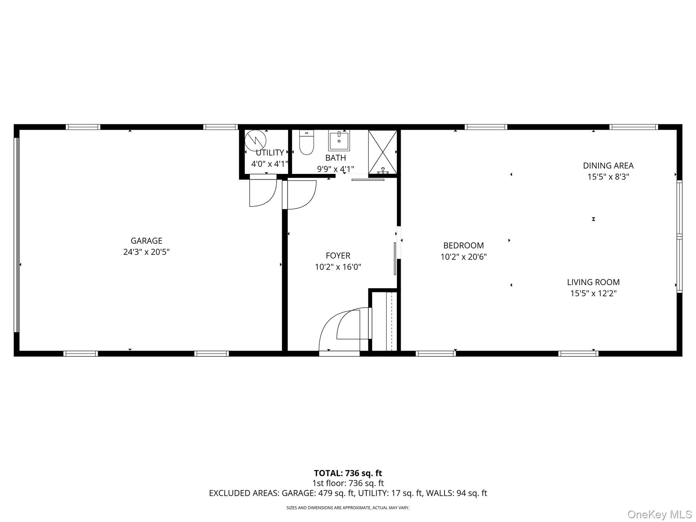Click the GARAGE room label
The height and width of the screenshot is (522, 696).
coord(146,241)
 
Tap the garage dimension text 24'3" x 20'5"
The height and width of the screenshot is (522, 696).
coord(146,252)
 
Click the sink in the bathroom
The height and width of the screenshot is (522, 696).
coord(339,141)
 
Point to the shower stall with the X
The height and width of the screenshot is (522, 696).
coord(383,152)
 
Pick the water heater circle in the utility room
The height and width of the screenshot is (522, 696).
coord(255,140)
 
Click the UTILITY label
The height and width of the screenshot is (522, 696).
coord(270,153)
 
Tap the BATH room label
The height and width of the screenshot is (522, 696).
coord(336,158)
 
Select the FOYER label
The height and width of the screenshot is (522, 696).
coord(338,256)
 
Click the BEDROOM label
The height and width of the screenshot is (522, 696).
coord(464,245)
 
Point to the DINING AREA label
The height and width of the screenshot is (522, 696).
coord(608,166)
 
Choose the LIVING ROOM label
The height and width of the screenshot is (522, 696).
coord(593,282)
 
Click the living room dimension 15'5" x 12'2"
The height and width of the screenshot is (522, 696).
coord(593,293)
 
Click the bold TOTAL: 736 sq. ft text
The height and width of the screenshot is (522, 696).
coord(348,473)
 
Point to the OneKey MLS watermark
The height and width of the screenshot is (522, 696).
coord(660,514)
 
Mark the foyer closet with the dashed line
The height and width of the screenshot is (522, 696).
coord(385,321)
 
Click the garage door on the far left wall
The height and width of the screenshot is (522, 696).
coord(16,234)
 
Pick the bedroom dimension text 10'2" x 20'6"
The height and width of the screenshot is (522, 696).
coord(464,257)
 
